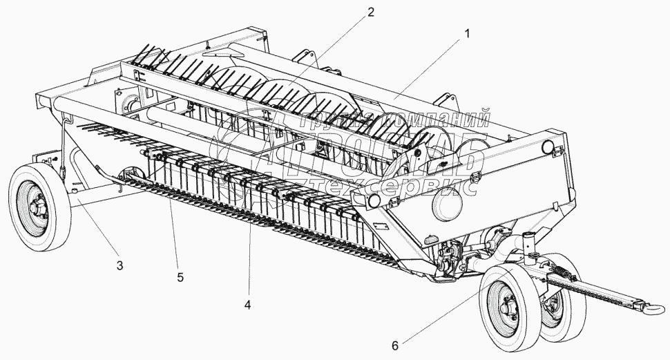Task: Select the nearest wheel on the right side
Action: pos(509,304)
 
